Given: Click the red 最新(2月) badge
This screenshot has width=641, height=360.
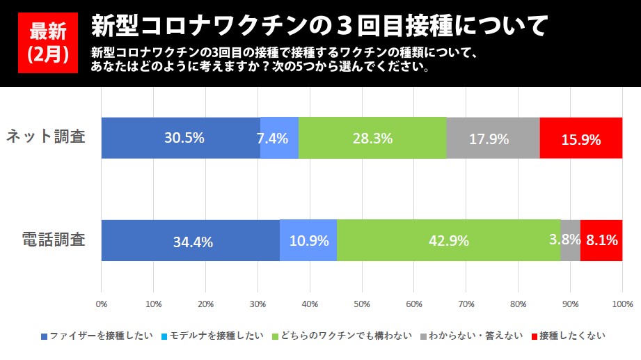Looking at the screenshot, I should click(47, 42).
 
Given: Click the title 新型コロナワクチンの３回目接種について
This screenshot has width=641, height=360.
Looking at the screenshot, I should click(319, 26).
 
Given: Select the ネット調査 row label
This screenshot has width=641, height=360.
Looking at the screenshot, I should click(46, 136).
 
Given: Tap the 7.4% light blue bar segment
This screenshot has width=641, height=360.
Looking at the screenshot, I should click(279, 138).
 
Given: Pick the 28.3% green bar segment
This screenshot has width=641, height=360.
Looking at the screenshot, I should click(372, 138).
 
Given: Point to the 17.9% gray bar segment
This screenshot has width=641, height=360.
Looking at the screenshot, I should click(493, 138).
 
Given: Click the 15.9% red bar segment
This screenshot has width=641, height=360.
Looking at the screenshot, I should click(581, 138).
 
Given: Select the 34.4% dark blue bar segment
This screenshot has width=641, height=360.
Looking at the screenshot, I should click(191, 241).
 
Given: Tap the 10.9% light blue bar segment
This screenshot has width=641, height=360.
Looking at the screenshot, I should click(308, 241).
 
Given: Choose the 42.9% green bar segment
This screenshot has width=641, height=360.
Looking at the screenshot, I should click(449, 241).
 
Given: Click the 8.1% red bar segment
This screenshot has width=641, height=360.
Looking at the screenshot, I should click(601, 241).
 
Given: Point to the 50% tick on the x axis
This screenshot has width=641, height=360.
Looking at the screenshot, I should click(362, 304).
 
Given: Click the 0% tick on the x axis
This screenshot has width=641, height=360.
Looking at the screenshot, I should click(102, 304).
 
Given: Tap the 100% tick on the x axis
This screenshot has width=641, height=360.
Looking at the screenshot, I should click(622, 304).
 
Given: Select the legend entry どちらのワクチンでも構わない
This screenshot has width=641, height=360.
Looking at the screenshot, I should click(345, 336).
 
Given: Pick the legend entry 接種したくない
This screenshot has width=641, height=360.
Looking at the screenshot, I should click(567, 336).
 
